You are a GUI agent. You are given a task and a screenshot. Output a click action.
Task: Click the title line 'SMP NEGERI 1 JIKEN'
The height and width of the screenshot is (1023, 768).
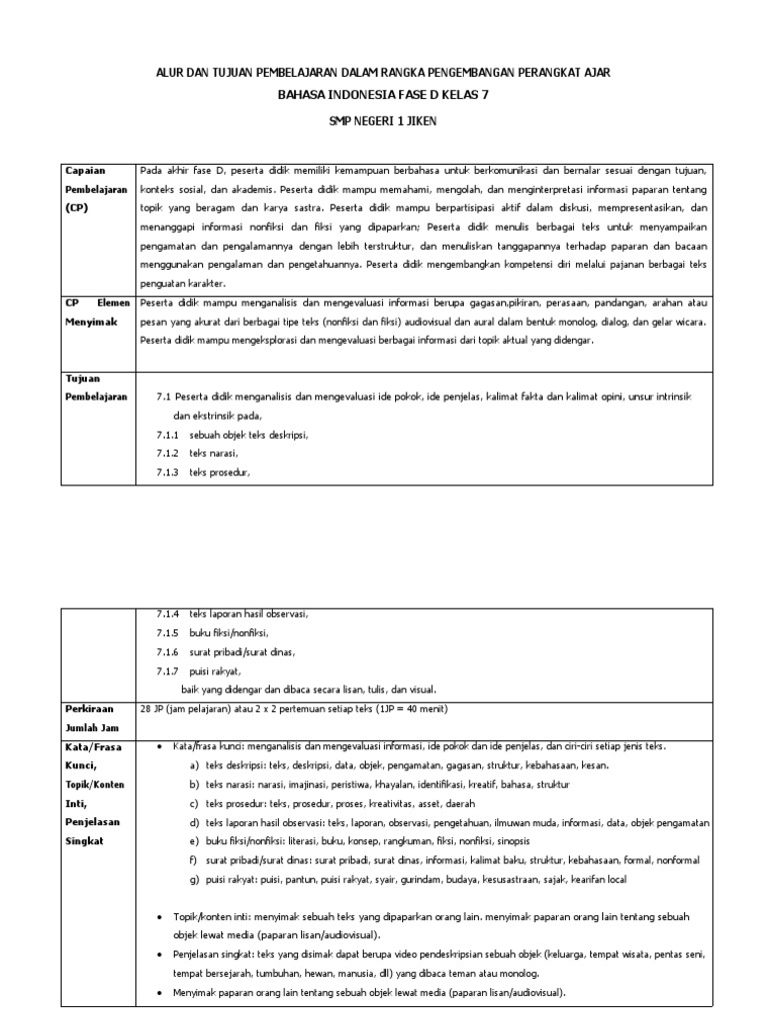(x=383, y=121)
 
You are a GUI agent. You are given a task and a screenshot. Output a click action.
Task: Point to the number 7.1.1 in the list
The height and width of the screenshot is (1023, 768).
(x=167, y=436)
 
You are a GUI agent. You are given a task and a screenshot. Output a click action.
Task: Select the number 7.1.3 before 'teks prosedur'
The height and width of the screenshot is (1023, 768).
(x=167, y=472)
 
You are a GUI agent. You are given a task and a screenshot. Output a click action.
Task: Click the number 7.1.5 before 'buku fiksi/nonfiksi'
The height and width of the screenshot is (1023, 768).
(x=167, y=632)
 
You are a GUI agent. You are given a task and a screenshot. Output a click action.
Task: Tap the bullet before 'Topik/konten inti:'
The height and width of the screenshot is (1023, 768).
(x=162, y=917)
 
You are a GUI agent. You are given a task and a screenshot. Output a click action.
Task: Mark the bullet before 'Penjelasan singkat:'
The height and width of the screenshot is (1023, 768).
(x=162, y=955)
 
